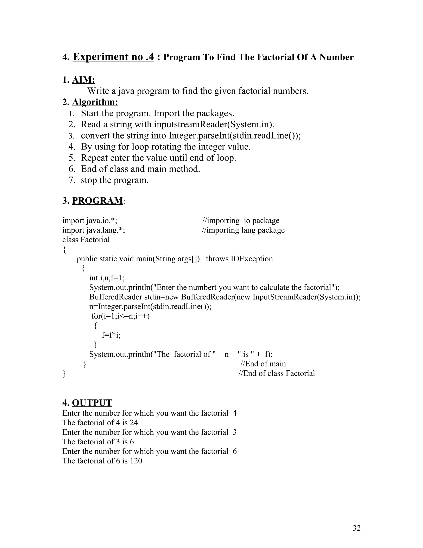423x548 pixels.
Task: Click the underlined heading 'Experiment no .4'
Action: pos(113,57)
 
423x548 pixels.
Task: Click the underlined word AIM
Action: pos(83,80)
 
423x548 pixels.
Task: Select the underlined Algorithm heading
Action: pos(95,102)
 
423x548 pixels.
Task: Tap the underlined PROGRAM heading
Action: pos(97,201)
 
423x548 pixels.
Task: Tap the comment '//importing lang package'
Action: pos(243,230)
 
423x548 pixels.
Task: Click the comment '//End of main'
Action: pos(263,364)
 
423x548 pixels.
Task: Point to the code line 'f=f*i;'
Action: pos(111,335)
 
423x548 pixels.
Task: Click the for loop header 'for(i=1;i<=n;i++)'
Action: pos(120,316)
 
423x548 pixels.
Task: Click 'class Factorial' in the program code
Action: pos(86,240)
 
